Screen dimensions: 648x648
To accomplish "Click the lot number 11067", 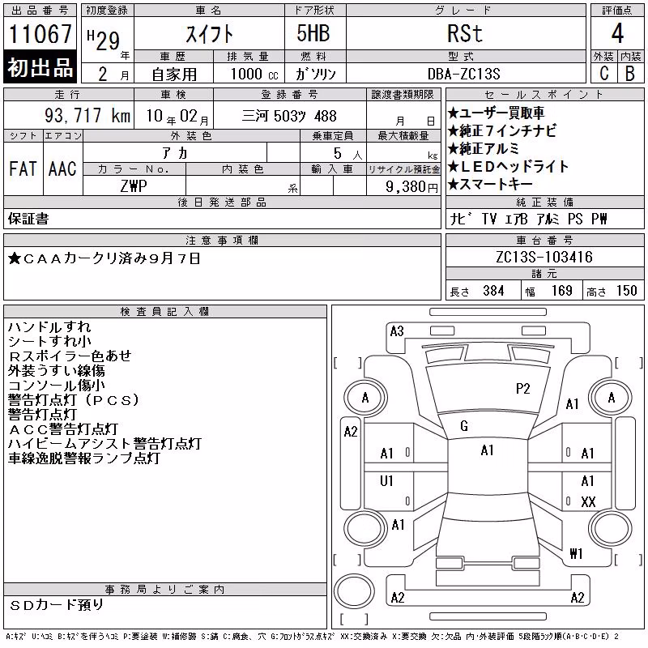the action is pyautogui.click(x=40, y=34).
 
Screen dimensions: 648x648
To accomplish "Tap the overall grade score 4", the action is pyautogui.click(x=617, y=33).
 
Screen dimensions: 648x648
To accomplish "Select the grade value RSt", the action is pyautogui.click(x=465, y=33).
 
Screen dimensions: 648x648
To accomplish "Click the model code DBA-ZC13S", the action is pyautogui.click(x=463, y=74).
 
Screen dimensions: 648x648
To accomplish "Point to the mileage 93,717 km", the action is pyautogui.click(x=87, y=116).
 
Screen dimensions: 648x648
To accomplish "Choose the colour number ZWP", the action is pyautogui.click(x=134, y=186).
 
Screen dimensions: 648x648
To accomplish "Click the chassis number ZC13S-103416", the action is pyautogui.click(x=544, y=257).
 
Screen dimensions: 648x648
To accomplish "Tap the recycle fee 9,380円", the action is pyautogui.click(x=411, y=187).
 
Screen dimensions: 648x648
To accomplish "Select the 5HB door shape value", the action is pyautogui.click(x=313, y=33).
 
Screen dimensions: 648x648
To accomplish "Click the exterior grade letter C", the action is pyautogui.click(x=603, y=74).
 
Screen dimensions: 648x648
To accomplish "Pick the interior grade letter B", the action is pyautogui.click(x=630, y=74).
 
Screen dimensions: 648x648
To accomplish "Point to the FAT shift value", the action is pyautogui.click(x=23, y=169).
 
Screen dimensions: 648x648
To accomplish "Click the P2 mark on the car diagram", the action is pyautogui.click(x=522, y=389).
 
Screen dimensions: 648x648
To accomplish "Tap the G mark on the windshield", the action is pyautogui.click(x=464, y=426).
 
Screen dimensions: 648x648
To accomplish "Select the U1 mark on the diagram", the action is pyautogui.click(x=386, y=481).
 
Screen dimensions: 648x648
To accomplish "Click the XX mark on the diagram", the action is pyautogui.click(x=588, y=502).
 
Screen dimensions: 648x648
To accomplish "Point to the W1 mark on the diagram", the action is pyautogui.click(x=576, y=553).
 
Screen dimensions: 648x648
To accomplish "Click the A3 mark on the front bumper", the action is pyautogui.click(x=397, y=331).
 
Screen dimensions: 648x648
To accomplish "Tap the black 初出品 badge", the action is pyautogui.click(x=40, y=67).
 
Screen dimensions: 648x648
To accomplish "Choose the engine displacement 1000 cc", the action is pyautogui.click(x=254, y=74).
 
